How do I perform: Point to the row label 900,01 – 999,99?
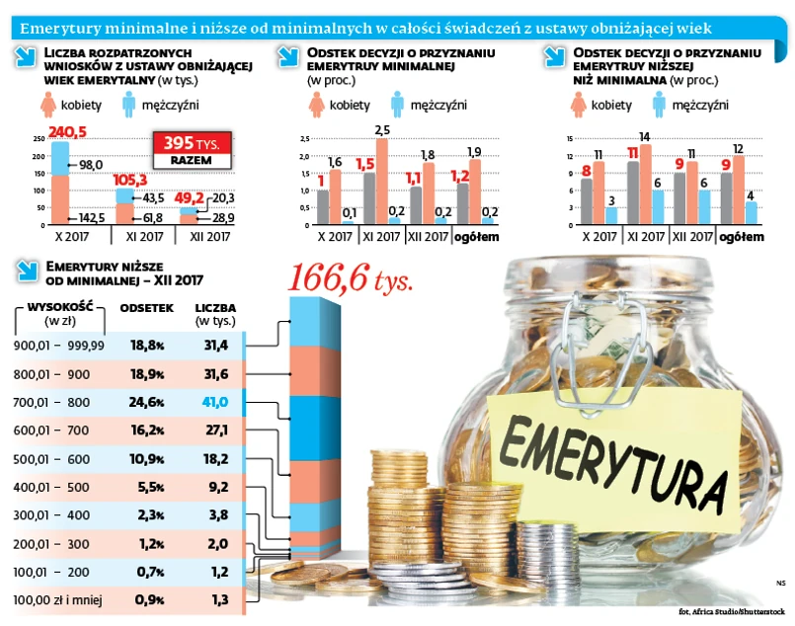59,345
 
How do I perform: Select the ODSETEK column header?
146,308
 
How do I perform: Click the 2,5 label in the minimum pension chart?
383,129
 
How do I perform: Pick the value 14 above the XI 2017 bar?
644,136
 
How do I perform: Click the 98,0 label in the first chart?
91,164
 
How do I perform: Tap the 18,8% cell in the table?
146,345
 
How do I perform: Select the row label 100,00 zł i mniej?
58,599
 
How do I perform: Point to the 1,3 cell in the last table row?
217,599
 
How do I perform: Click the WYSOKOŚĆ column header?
60,308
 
